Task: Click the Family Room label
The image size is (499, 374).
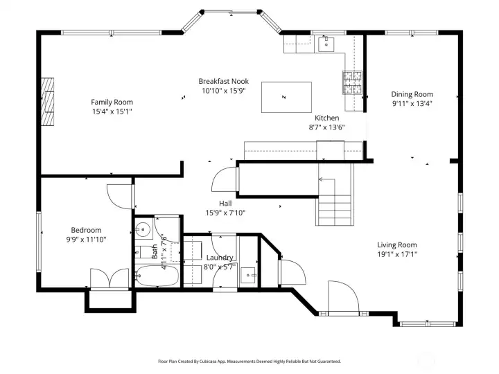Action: pyautogui.click(x=112, y=102)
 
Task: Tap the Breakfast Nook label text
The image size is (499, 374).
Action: pyautogui.click(x=223, y=81)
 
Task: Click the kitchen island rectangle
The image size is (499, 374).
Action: pyautogui.click(x=286, y=97)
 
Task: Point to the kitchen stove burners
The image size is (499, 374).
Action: pyautogui.click(x=352, y=83)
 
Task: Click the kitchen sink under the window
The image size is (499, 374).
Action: pyautogui.click(x=326, y=45)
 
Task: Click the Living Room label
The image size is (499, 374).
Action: pyautogui.click(x=396, y=244)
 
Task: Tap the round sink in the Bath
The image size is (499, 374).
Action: pyautogui.click(x=143, y=229)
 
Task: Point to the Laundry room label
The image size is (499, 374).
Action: pyautogui.click(x=220, y=258)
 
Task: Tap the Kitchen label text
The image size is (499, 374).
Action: pyautogui.click(x=326, y=118)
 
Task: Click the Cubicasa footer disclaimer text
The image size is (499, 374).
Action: pyautogui.click(x=249, y=361)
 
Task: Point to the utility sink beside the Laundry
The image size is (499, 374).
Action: pyautogui.click(x=249, y=276)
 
